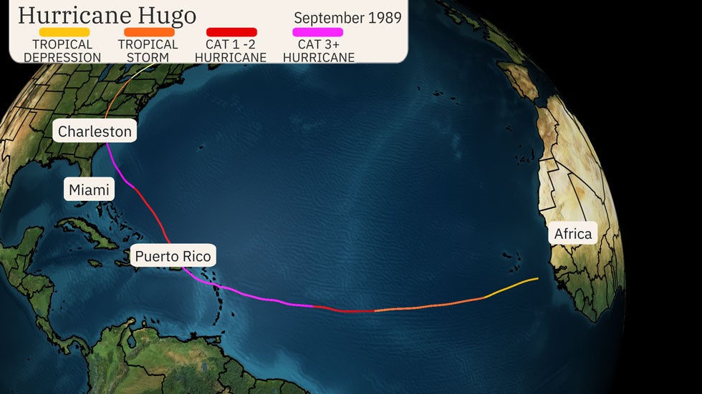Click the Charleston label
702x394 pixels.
coord(95,132)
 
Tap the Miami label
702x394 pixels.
coord(89,189)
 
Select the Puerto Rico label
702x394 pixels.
coord(173,256)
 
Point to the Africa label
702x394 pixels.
coord(572,234)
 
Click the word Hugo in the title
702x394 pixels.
coord(167,14)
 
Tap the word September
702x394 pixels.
coord(327,18)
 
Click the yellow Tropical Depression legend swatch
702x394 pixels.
coord(64,32)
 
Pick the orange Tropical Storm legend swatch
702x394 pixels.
coord(149,32)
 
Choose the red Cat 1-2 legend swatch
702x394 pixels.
coord(231,32)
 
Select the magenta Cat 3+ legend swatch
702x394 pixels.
coord(317,32)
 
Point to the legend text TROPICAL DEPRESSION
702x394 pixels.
coord(62,51)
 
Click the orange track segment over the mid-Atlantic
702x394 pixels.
coord(430,306)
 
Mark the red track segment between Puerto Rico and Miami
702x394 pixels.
coord(154,211)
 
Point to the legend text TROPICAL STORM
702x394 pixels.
coord(148,51)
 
